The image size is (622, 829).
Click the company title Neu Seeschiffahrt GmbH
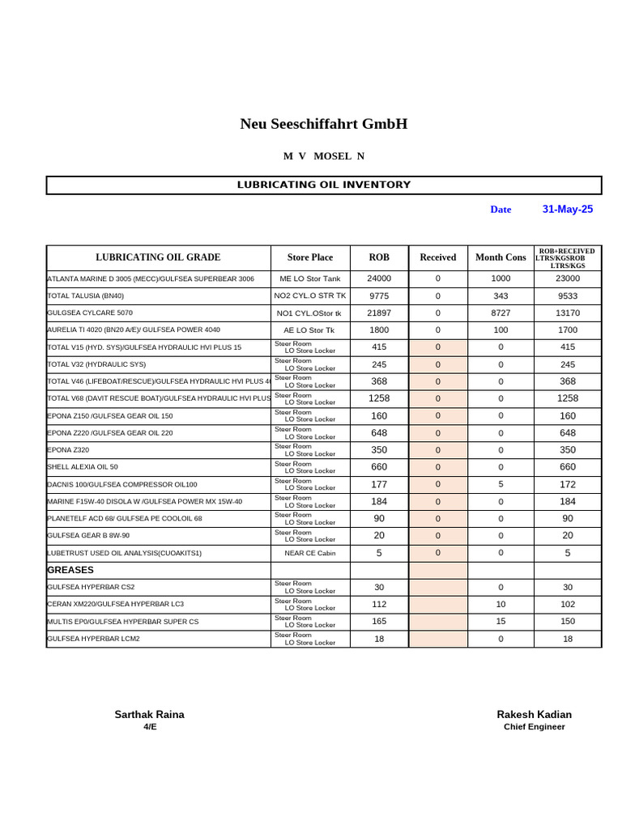coord(323,124)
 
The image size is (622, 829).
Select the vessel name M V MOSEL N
coord(323,156)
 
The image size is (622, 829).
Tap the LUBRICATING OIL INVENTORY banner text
coord(323,185)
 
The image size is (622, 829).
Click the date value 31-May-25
coord(567,209)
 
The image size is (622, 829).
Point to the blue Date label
coord(501,210)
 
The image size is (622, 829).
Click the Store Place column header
coord(310,257)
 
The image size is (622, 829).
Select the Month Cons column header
coord(501,257)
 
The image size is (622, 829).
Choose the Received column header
coord(437,257)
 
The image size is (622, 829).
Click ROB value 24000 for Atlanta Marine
coord(379,278)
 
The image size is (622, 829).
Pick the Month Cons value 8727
coord(501,312)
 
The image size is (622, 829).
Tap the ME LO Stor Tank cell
coord(310,278)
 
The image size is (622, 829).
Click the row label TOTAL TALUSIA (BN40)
coord(86,295)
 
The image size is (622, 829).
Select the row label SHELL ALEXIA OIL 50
coord(83,467)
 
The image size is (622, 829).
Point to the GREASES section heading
coord(71,570)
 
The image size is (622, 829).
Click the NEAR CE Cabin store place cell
coord(310,553)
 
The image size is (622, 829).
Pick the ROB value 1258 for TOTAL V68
coord(379,398)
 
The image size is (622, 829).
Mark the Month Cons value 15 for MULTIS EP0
coord(501,622)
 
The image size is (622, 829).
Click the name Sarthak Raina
coord(149,714)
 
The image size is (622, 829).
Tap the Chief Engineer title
coord(534,727)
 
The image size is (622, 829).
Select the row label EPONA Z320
coord(69,450)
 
